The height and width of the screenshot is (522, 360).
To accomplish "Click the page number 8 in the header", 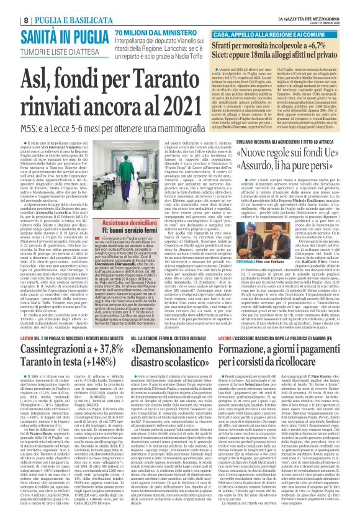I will pos(9,6).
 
